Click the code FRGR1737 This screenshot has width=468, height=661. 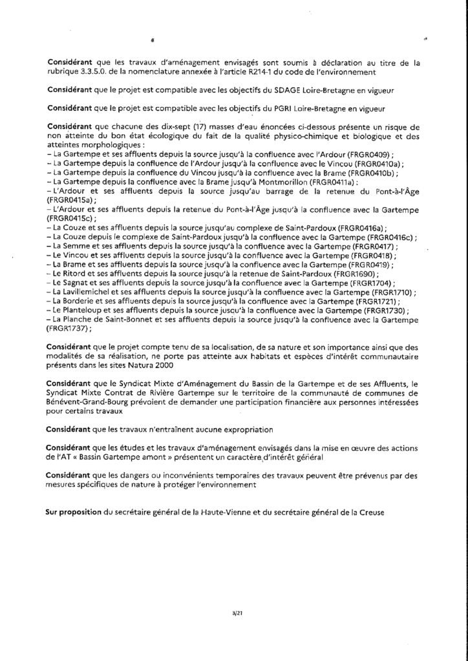(x=67, y=329)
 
